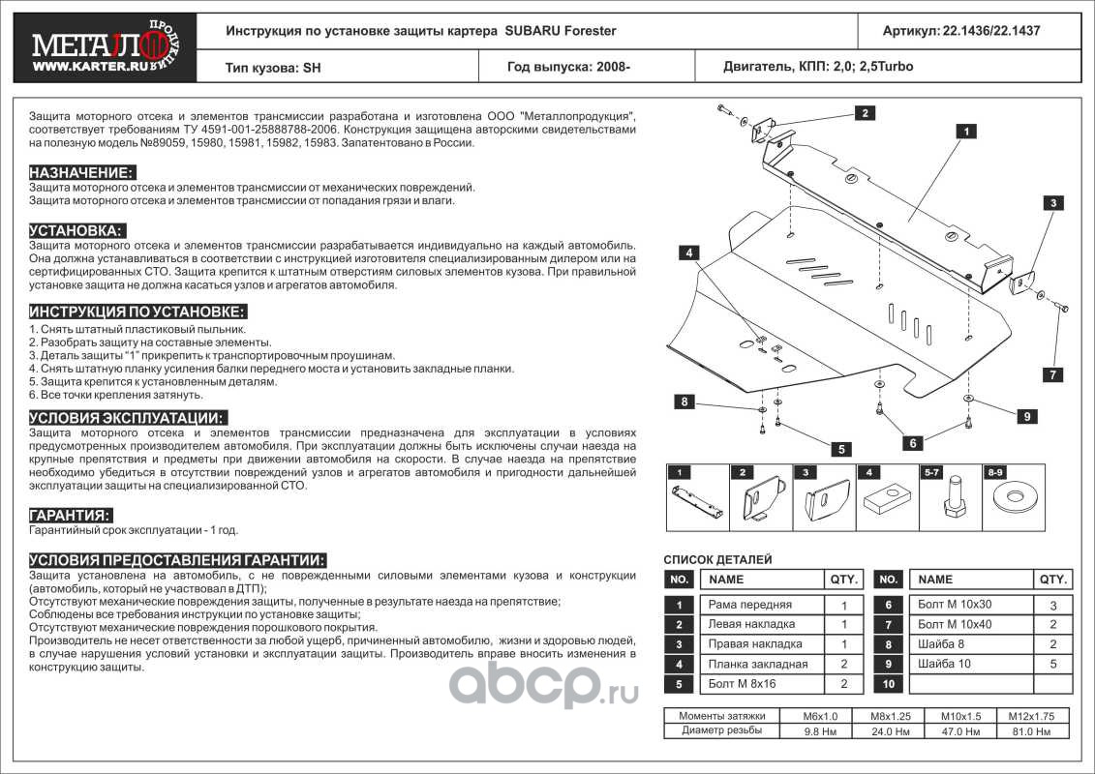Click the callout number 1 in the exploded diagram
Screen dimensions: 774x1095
pos(965,130)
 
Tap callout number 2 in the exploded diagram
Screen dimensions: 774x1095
pos(859,113)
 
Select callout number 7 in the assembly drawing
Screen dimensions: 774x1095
pos(1052,374)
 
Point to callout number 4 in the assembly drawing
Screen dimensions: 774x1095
pos(688,253)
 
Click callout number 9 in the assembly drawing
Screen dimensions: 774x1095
pos(1025,416)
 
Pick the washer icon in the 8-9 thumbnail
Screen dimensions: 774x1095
pos(1017,501)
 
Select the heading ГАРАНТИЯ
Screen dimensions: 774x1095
pos(71,515)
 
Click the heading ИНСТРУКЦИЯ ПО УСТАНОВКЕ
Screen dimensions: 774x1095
pos(137,312)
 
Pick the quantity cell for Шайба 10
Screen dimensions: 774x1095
pos(1051,665)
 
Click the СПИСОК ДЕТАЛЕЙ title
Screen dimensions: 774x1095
pos(717,559)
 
